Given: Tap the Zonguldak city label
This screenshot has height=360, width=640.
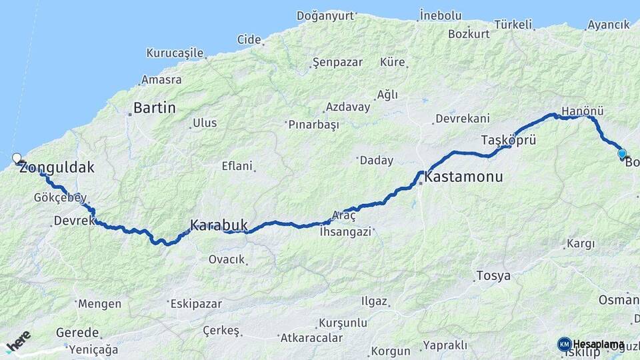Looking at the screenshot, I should pos(57,168).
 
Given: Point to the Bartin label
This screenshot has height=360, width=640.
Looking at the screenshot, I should pos(154,107).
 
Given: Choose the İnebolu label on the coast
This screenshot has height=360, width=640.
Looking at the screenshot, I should pos(441,15).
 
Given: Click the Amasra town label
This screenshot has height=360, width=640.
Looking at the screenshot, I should pos(161,79).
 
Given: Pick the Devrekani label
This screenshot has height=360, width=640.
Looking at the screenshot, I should pos(462,119).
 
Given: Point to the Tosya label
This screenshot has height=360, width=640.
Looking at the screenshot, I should pos(493,275).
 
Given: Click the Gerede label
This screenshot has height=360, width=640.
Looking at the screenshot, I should pos(77,332).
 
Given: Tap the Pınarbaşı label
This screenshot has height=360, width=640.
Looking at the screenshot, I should pos(313,124).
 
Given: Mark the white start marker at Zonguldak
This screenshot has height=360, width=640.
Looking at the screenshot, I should pos(17,158).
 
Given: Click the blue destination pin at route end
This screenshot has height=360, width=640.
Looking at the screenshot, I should pos(622,154).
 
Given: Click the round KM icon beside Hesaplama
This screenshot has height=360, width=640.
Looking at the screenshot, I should pos(564,344).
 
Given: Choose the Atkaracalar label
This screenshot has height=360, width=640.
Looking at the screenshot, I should pos(306,337).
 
